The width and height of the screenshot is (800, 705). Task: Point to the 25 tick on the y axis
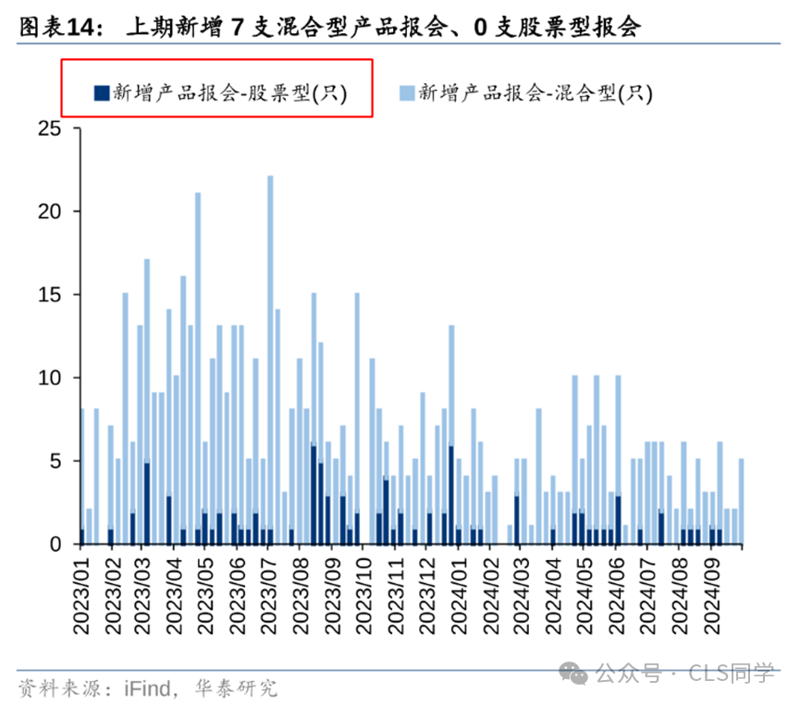click(48, 128)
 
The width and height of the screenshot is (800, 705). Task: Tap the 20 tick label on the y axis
click(48, 212)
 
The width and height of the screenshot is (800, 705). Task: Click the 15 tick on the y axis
click(48, 295)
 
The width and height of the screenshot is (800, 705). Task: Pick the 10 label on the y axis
click(48, 378)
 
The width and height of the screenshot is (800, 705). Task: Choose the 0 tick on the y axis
click(55, 544)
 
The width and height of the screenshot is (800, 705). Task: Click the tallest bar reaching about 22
click(270, 351)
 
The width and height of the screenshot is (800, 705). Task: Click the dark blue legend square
click(99, 91)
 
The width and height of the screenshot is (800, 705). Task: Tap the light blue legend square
click(405, 91)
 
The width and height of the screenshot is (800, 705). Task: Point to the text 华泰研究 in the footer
click(236, 687)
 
